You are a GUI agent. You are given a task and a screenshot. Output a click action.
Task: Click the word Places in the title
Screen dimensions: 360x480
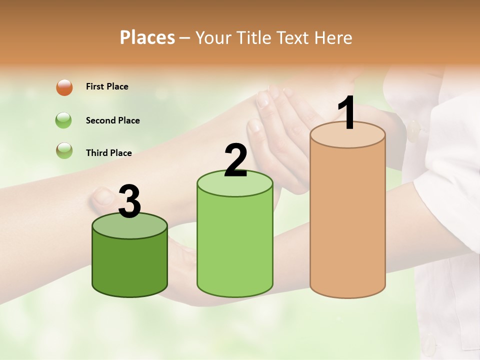tap(147, 37)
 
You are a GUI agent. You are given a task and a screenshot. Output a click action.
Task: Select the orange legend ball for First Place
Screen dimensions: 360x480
tap(64, 87)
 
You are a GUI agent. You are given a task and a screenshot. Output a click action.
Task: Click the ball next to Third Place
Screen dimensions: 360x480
tap(64, 150)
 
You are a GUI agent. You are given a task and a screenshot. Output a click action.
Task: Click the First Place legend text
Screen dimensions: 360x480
tap(107, 86)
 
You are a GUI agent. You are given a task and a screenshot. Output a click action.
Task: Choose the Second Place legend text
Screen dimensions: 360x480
tap(112, 120)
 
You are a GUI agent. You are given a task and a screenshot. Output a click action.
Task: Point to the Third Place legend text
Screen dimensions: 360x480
tap(109, 153)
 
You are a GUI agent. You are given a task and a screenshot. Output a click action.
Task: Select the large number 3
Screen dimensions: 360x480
tap(129, 201)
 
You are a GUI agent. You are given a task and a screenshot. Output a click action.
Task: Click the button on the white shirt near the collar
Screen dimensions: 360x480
tap(413, 130)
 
